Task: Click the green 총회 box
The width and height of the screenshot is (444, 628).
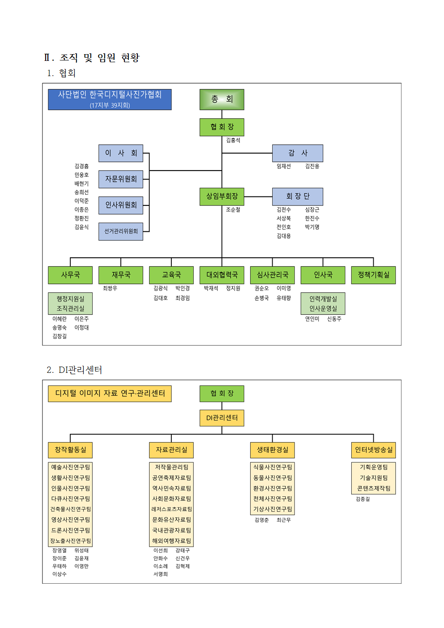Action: point(222,99)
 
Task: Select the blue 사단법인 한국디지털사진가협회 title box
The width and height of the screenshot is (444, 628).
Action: point(110,99)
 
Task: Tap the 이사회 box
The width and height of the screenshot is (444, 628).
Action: point(121,153)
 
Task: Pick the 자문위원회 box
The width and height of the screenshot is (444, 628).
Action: point(121,179)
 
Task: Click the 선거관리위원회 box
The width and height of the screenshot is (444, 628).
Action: point(121,231)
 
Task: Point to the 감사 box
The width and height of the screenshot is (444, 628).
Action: point(298,153)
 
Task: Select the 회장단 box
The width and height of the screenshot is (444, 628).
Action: point(298,197)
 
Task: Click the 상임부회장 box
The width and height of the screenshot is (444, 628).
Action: point(222,197)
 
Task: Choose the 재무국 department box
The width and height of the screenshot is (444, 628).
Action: point(121,275)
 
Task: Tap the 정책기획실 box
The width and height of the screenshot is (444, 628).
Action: point(373,275)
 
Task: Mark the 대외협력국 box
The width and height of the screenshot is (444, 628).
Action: point(222,275)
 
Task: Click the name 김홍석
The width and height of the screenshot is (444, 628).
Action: point(233,141)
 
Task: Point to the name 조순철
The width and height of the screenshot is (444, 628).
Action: point(233,210)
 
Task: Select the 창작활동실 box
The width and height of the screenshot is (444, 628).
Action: point(70,450)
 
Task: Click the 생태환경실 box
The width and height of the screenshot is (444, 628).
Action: point(273,450)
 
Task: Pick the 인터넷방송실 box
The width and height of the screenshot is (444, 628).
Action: point(373,450)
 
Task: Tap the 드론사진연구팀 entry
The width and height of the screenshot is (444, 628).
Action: point(70,530)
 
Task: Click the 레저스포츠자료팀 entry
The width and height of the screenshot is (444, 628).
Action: point(171,509)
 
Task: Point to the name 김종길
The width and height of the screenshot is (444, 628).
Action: point(363,499)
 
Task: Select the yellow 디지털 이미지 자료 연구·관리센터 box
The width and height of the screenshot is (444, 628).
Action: point(110,393)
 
